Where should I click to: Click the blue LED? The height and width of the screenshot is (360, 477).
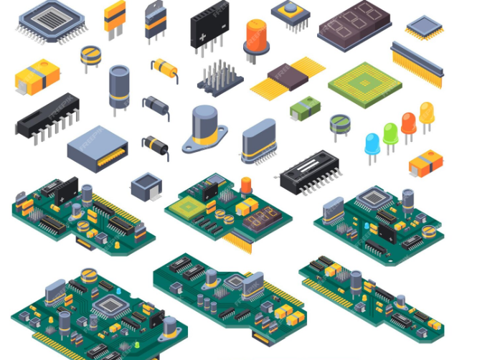372,141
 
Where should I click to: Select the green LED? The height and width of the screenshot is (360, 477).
390,133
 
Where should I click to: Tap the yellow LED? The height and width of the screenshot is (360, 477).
427,111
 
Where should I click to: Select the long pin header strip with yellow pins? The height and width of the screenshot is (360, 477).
417,63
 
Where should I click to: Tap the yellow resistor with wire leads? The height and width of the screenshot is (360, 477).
165,69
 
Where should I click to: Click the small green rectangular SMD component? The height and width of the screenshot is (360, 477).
305,108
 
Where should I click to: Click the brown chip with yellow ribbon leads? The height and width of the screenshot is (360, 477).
287,77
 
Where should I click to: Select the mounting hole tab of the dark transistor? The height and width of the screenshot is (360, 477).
154,11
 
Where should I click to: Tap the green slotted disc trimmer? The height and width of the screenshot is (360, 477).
340,123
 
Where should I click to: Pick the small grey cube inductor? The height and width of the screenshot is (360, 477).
146,184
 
